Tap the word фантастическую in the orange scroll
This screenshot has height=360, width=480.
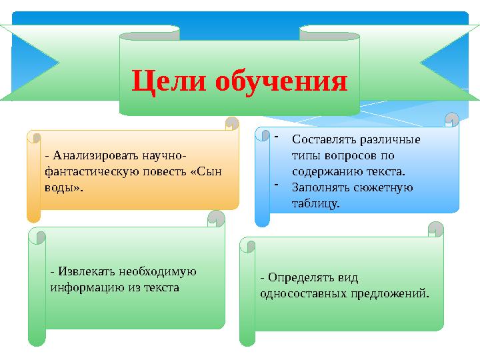pos(84,171)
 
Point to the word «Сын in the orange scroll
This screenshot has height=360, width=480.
pos(206,171)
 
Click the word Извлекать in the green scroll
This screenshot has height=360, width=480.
pos(88,272)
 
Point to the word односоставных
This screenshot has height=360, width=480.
pos(304,293)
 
